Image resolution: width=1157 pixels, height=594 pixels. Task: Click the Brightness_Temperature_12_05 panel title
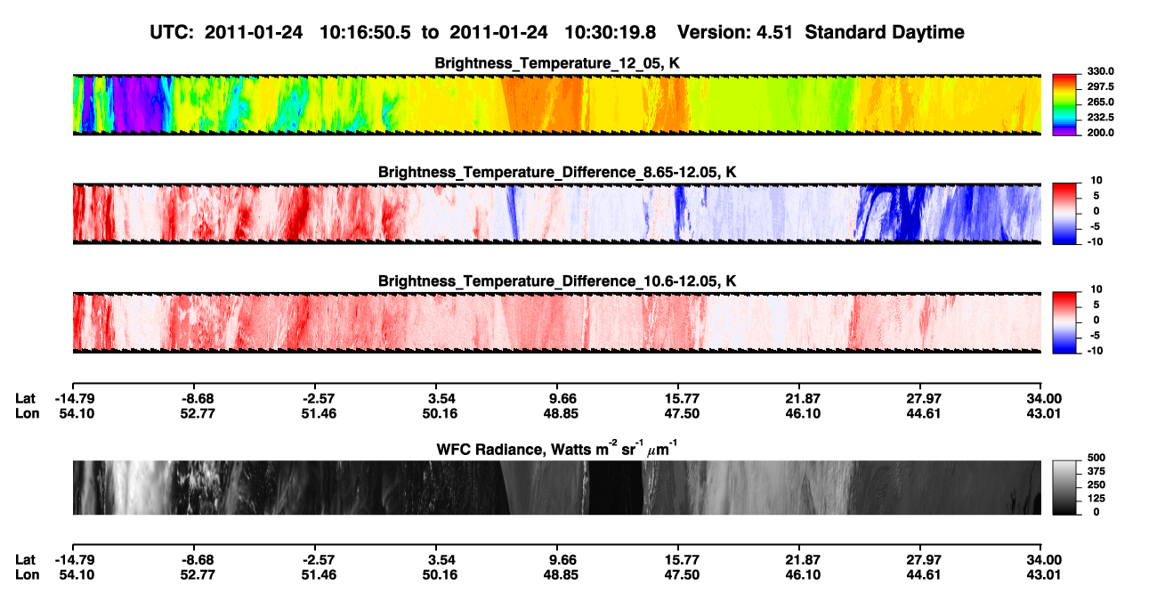point(557,63)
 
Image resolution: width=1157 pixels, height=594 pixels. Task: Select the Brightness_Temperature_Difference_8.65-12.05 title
point(557,172)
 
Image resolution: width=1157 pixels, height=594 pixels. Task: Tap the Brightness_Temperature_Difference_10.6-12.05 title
point(557,281)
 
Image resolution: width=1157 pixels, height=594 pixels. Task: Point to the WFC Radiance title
point(557,449)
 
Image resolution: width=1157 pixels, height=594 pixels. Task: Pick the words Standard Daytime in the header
point(885,32)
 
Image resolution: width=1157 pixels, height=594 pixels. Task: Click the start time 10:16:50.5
point(365,32)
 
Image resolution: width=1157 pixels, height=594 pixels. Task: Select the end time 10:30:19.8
point(610,32)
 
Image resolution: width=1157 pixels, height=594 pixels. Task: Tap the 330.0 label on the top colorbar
point(1100,71)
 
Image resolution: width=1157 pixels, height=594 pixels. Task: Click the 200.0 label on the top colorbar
point(1100,133)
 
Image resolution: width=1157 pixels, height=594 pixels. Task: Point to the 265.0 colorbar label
point(1100,102)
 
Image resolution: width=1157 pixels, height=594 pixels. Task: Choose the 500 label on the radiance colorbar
point(1096,458)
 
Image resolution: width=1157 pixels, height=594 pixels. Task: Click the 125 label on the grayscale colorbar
point(1096,499)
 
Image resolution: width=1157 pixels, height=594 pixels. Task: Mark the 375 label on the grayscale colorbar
point(1096,471)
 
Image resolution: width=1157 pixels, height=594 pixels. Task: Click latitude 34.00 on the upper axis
point(1043,399)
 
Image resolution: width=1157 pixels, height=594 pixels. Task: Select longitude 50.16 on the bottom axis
point(440,574)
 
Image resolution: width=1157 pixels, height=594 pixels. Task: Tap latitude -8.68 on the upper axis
point(198,399)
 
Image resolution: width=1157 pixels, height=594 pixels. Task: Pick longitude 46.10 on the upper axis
point(803,413)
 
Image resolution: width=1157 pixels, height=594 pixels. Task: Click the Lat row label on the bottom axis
point(25,559)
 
